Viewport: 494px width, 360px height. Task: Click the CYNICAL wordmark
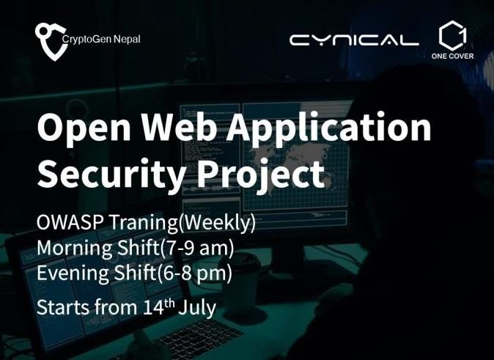click(x=354, y=40)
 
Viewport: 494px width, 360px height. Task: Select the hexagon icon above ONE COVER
click(x=453, y=35)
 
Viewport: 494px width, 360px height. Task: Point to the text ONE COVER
click(x=452, y=56)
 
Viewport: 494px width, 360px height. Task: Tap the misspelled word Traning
click(x=144, y=224)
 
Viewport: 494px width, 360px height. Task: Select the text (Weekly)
click(x=217, y=223)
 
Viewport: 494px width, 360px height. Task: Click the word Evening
click(x=73, y=273)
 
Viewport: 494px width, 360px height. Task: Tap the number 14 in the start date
click(x=152, y=307)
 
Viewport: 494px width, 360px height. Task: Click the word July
click(x=197, y=308)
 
